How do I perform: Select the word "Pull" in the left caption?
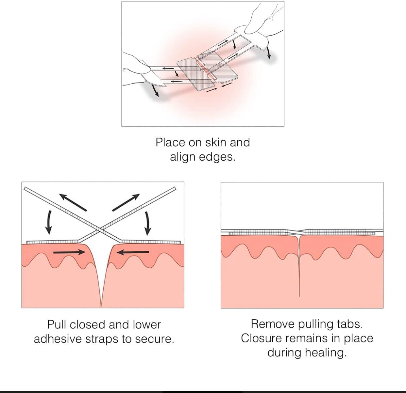pyautogui.click(x=57, y=325)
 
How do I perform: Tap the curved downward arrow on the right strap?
pyautogui.click(x=148, y=223)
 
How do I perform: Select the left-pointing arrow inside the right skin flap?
pyautogui.click(x=133, y=252)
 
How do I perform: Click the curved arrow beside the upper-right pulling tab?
pyautogui.click(x=269, y=53)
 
